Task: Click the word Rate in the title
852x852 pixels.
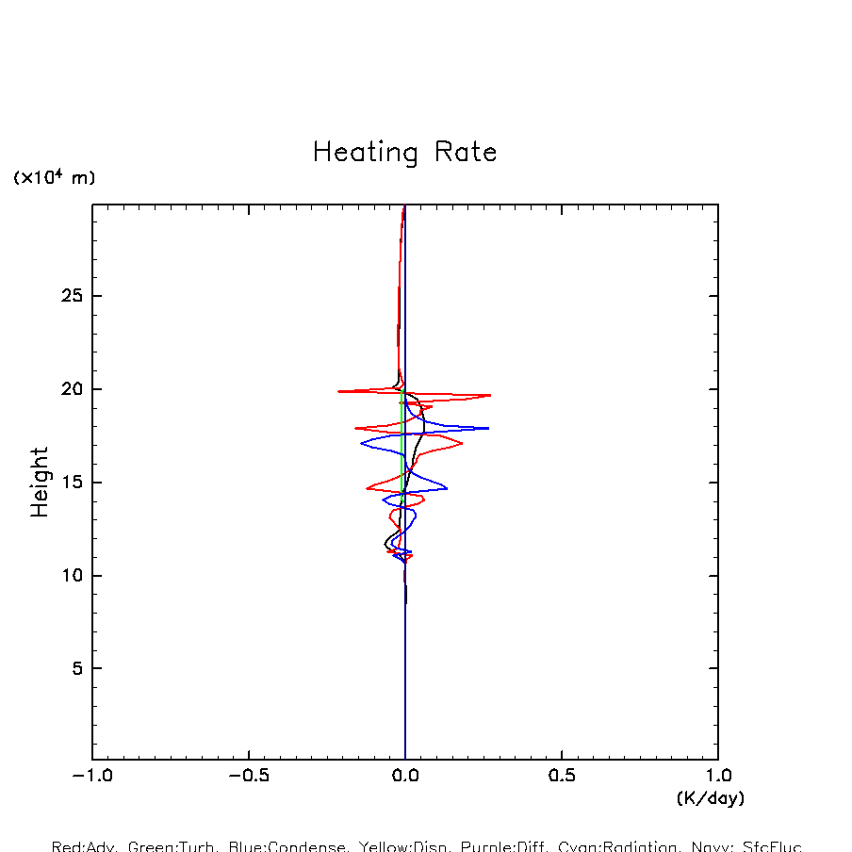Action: (465, 153)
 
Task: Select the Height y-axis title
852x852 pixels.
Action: (40, 483)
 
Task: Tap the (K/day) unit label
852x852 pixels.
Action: (710, 798)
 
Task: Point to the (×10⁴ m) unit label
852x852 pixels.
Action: (54, 177)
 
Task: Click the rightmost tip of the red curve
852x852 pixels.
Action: (491, 396)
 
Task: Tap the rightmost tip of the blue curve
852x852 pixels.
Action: (488, 428)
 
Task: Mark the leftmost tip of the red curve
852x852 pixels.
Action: (337, 391)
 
